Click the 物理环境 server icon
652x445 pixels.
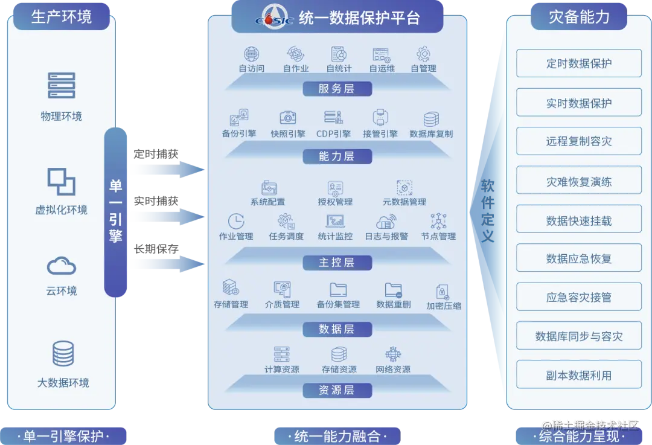click(x=61, y=86)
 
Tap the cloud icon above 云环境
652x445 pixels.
click(x=61, y=266)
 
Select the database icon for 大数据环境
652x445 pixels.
click(x=63, y=354)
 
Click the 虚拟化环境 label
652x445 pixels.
click(x=61, y=210)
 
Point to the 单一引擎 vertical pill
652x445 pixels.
click(x=116, y=211)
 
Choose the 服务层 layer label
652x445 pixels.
click(x=336, y=89)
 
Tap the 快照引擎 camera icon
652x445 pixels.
click(x=287, y=117)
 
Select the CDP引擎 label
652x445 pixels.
click(x=333, y=134)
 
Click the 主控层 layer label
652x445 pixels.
click(x=336, y=263)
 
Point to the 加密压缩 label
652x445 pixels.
click(x=444, y=306)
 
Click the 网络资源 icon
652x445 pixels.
click(x=393, y=354)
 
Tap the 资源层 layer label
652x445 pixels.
click(x=336, y=390)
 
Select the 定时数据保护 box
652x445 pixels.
click(x=578, y=63)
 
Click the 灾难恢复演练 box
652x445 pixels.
click(x=578, y=181)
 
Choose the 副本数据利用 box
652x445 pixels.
click(x=578, y=375)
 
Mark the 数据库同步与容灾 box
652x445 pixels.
click(x=578, y=336)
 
